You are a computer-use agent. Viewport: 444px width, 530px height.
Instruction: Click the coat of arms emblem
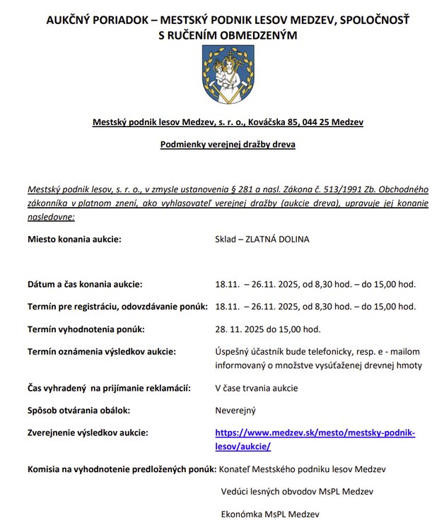point(223,76)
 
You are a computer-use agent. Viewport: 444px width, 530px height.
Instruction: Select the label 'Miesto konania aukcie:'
point(74,239)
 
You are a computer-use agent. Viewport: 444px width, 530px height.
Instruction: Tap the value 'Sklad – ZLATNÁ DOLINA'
point(262,239)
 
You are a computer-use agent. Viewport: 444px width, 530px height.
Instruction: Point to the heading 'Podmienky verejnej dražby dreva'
point(228,145)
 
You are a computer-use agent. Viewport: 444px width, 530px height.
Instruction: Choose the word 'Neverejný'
point(235,410)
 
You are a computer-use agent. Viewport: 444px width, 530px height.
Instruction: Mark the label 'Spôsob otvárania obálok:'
point(78,410)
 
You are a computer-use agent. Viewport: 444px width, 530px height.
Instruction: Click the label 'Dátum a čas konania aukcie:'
point(85,284)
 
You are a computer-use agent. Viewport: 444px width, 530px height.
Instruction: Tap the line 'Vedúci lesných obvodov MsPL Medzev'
point(297,491)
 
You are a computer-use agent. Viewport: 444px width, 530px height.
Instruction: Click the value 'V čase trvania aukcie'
point(257,388)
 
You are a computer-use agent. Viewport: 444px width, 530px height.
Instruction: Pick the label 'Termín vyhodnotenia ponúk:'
point(86,329)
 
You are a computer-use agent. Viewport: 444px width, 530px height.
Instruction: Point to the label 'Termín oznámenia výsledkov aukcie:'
point(101,351)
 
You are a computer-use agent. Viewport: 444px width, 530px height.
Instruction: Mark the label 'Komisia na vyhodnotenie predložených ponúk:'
point(121,469)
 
